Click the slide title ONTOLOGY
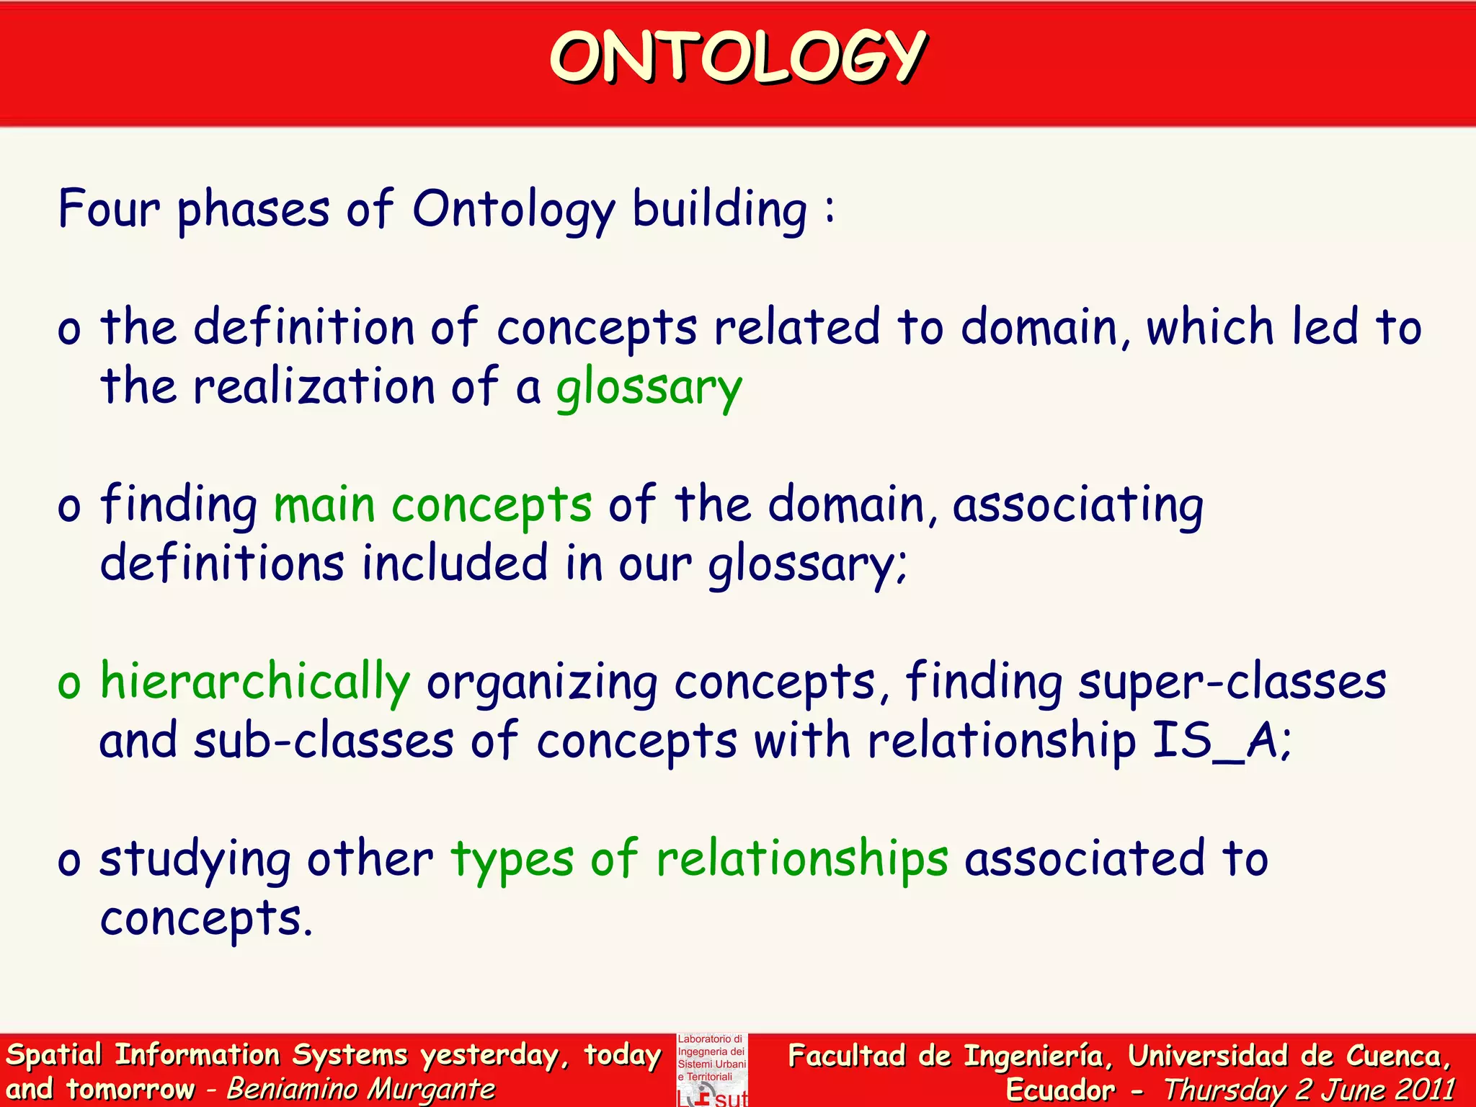[x=738, y=58]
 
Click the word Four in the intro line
[x=108, y=210]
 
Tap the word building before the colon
[x=719, y=210]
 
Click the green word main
[x=324, y=504]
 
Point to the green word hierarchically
[x=255, y=682]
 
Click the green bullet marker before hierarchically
[x=69, y=683]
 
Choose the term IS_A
[x=1218, y=741]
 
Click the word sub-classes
[x=324, y=741]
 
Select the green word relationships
[x=801, y=859]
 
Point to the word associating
[x=1077, y=504]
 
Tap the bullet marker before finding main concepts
[x=69, y=506]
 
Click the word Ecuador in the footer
[x=1059, y=1090]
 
